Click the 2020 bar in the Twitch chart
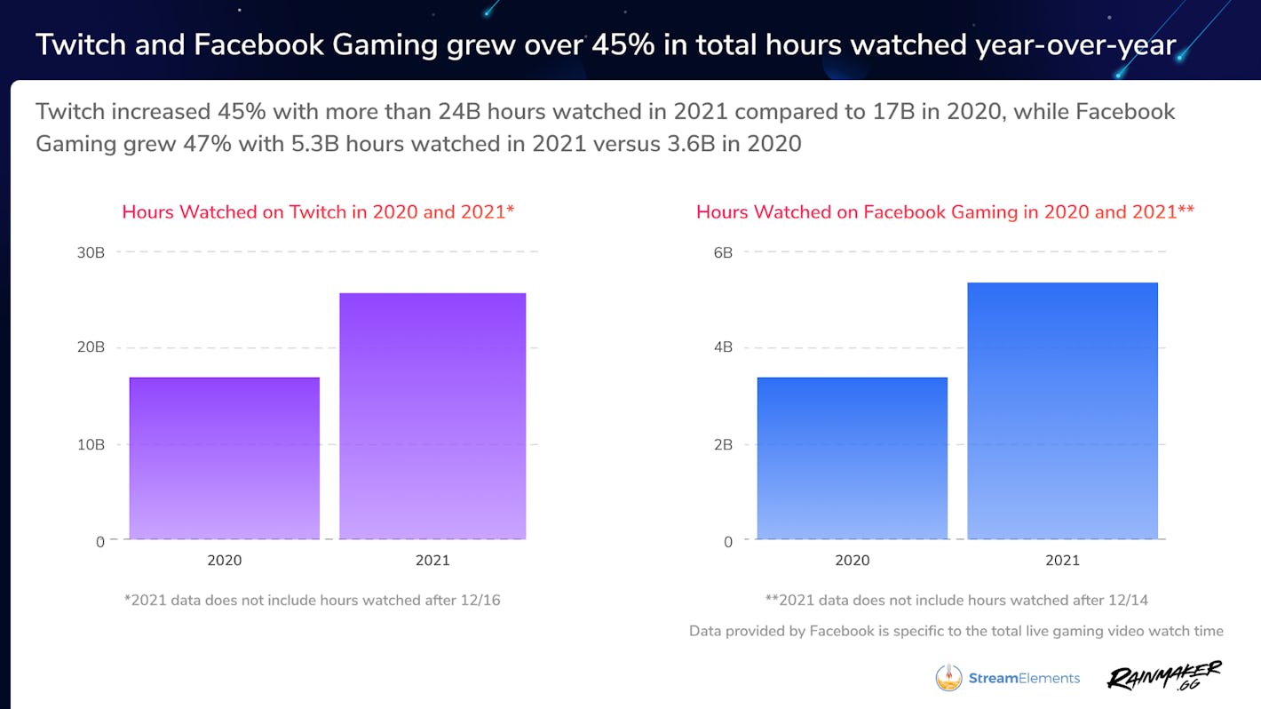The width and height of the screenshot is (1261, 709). [225, 458]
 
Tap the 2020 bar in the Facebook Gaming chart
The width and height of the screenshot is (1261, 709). [853, 458]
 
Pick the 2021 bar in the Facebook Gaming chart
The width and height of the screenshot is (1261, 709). [1062, 410]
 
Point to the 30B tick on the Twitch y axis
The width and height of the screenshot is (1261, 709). [91, 252]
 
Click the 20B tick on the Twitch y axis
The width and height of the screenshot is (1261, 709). [91, 347]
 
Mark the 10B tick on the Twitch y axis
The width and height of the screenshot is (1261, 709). [91, 444]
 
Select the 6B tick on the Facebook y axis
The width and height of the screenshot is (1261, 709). [723, 252]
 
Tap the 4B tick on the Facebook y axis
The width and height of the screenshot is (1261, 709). [723, 347]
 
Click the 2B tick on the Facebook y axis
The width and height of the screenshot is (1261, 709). [723, 444]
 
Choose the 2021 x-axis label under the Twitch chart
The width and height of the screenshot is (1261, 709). [432, 561]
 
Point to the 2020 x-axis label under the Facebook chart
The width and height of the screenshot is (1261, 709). [853, 561]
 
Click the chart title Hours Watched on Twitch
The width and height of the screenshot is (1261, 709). [318, 212]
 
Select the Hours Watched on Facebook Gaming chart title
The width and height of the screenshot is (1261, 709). [945, 212]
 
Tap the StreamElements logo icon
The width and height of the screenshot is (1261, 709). [948, 678]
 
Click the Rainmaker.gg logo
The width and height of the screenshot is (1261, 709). [1164, 676]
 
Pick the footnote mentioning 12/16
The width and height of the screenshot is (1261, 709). [313, 601]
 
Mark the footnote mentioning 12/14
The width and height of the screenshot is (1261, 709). [956, 601]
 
